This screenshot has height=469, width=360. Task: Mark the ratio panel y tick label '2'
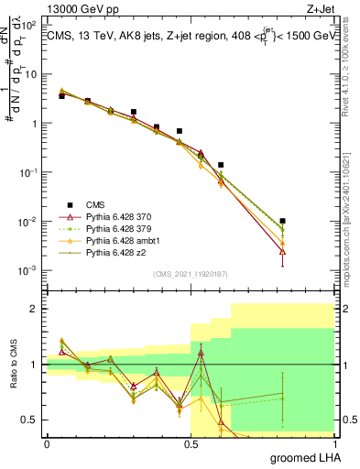click(x=34, y=309)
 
